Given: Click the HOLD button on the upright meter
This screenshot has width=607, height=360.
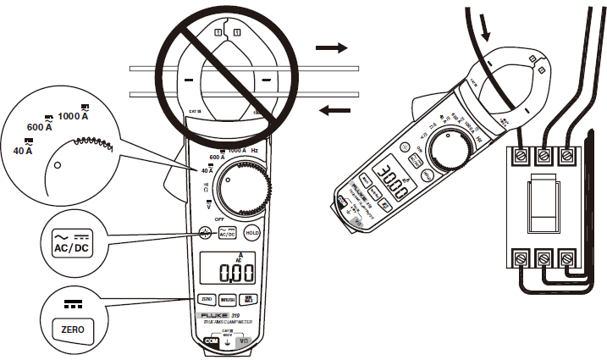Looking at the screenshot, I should [251, 232].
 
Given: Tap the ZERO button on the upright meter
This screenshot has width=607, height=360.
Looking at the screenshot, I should [207, 299].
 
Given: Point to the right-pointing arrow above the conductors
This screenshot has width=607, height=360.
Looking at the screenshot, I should [332, 48].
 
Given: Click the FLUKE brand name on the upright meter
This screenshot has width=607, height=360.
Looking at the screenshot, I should [214, 315].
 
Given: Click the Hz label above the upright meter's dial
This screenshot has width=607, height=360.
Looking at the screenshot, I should [256, 148].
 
